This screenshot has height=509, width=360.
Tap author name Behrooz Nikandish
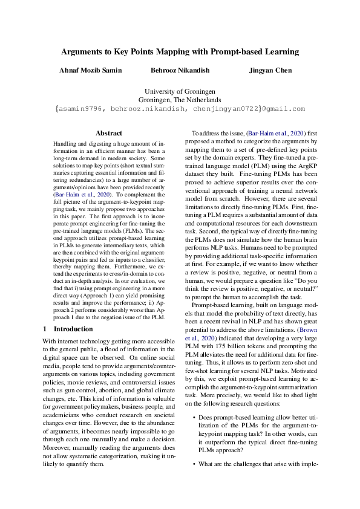tap(180, 70)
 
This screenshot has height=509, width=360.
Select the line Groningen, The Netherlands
tap(180, 100)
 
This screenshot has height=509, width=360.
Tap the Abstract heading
tap(109, 133)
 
